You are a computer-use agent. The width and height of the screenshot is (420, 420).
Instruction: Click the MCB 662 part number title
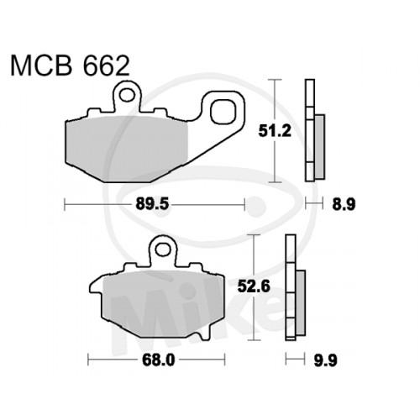(70, 66)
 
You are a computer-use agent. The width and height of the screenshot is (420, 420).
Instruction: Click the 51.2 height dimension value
(275, 131)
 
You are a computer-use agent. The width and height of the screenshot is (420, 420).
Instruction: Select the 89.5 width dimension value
(152, 204)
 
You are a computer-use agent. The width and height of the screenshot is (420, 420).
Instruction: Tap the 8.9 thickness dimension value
(344, 204)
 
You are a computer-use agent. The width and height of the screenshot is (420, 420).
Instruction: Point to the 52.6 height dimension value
(254, 286)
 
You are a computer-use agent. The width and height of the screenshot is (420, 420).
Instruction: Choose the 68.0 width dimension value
(159, 360)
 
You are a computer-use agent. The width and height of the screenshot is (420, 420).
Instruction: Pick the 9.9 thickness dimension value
(325, 360)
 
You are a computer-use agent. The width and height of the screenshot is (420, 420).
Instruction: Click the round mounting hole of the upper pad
(127, 95)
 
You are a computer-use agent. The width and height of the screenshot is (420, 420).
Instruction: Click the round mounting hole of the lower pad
(162, 249)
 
